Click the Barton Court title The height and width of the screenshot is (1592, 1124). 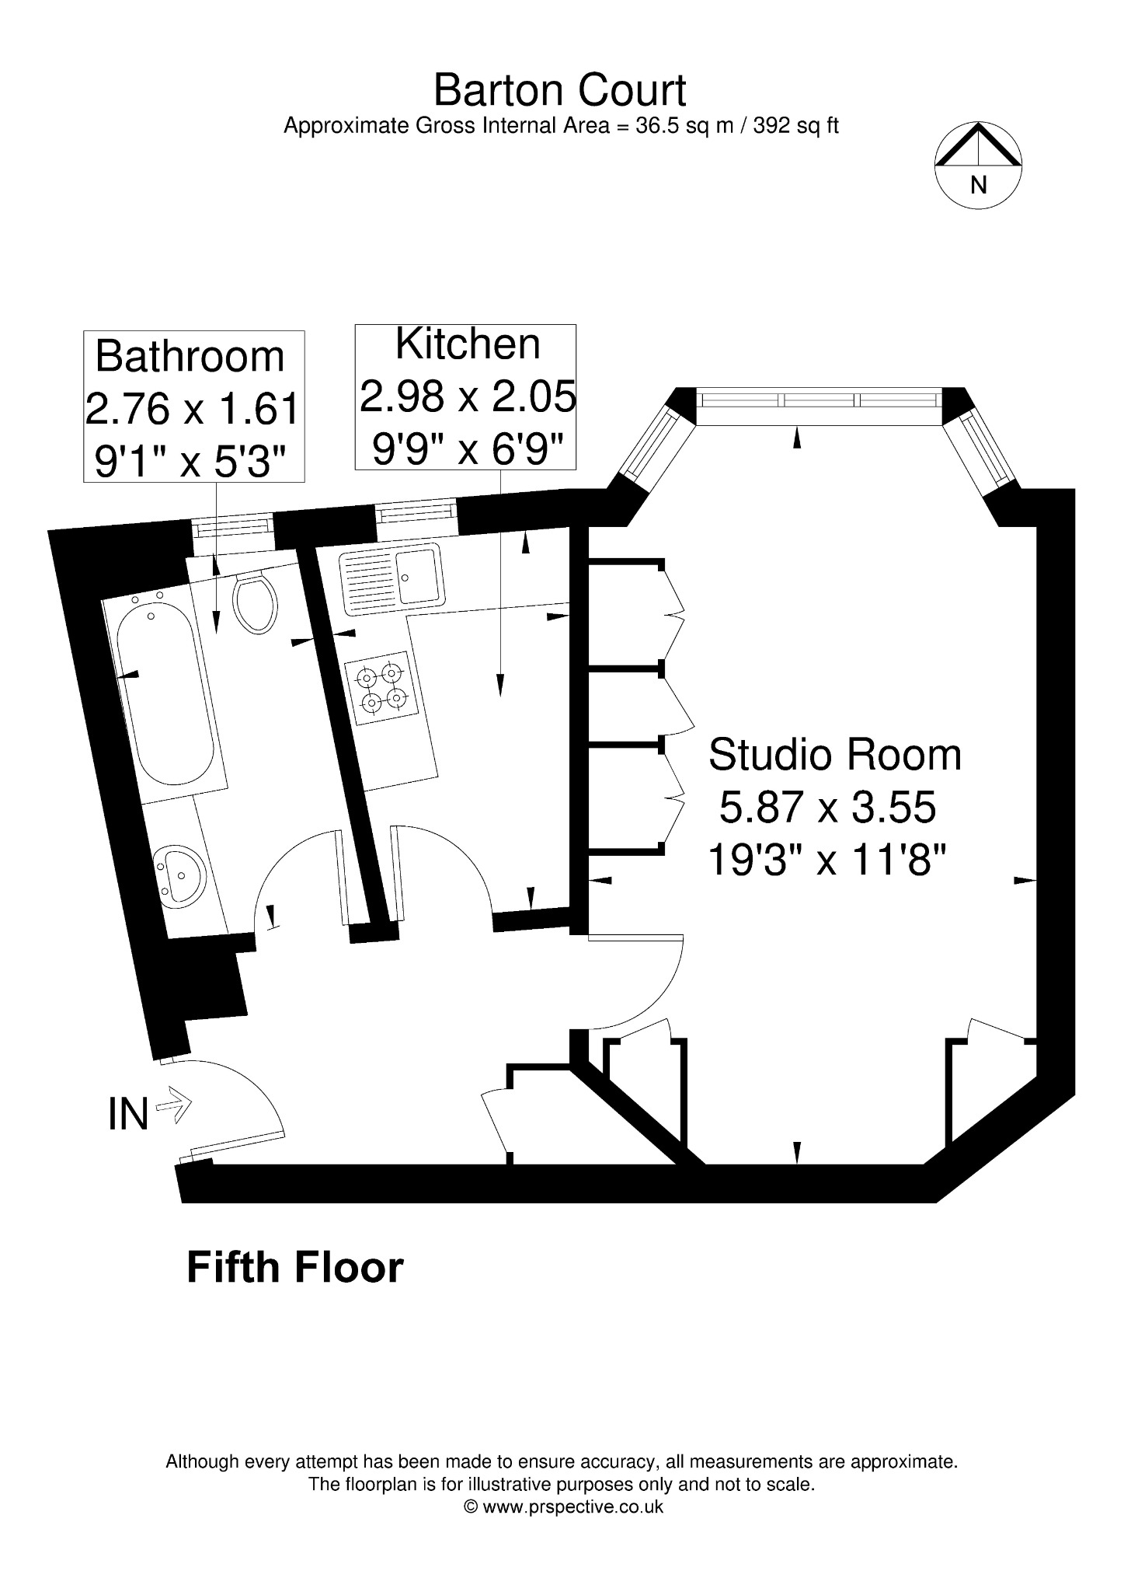pyautogui.click(x=559, y=90)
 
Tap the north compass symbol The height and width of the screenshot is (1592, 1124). pyautogui.click(x=978, y=164)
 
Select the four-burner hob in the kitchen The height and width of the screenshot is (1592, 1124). pyautogui.click(x=381, y=688)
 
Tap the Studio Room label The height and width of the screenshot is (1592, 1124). pyautogui.click(x=835, y=755)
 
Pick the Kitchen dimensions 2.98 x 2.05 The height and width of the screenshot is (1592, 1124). pyautogui.click(x=468, y=397)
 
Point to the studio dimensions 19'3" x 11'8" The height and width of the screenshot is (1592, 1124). pyautogui.click(x=828, y=861)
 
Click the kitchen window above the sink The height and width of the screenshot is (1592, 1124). pyautogui.click(x=416, y=512)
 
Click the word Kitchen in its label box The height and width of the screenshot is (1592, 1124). pyautogui.click(x=468, y=344)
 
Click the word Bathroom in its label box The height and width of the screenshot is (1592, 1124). pyautogui.click(x=190, y=357)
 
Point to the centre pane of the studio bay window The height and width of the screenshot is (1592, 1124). pyautogui.click(x=819, y=400)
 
